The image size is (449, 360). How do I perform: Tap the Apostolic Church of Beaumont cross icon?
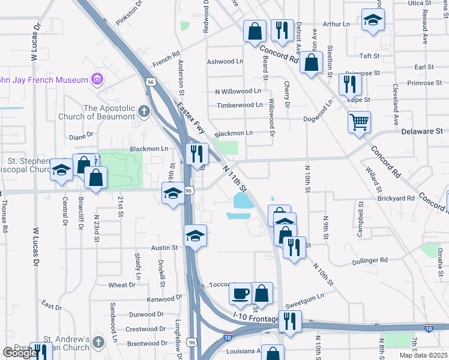click(x=143, y=111)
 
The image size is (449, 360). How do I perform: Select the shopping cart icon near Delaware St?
click(x=359, y=123)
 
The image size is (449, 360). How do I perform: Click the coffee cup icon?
click(x=240, y=293)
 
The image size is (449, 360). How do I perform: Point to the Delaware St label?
click(x=421, y=130)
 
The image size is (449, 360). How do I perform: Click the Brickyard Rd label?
click(x=396, y=197)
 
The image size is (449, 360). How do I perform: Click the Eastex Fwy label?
click(x=191, y=118)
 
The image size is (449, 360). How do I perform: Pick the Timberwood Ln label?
click(x=240, y=104)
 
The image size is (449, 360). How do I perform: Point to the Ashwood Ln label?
click(x=225, y=61)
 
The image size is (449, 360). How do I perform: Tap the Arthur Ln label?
click(x=336, y=24)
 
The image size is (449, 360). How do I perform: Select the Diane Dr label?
click(x=82, y=136)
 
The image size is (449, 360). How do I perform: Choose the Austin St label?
click(x=165, y=247)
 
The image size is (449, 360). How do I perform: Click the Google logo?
click(x=20, y=353)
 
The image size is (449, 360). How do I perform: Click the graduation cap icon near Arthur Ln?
click(x=373, y=20)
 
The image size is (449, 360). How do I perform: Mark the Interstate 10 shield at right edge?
click(x=429, y=328)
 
